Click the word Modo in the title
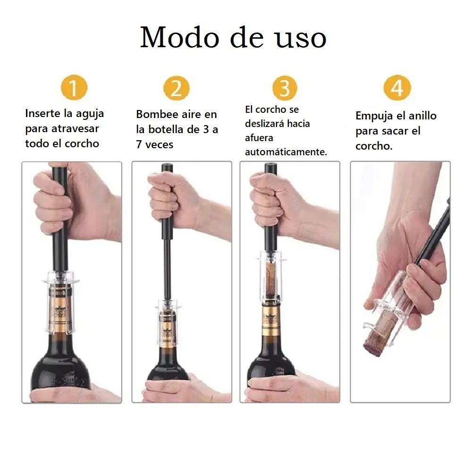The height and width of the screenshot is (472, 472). (179, 37)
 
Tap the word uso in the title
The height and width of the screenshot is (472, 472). (301, 40)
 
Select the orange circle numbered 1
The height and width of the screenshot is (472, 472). (74, 88)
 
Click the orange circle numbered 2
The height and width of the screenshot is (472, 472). (177, 88)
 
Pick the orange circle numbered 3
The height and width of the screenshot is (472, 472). (285, 88)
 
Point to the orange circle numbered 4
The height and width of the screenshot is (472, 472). (397, 88)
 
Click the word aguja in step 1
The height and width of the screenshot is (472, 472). (90, 114)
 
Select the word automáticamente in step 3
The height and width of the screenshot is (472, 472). (286, 152)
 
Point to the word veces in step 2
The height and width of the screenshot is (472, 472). (159, 145)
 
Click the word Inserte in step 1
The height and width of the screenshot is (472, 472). (43, 113)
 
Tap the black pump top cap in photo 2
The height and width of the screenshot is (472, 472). (167, 168)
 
